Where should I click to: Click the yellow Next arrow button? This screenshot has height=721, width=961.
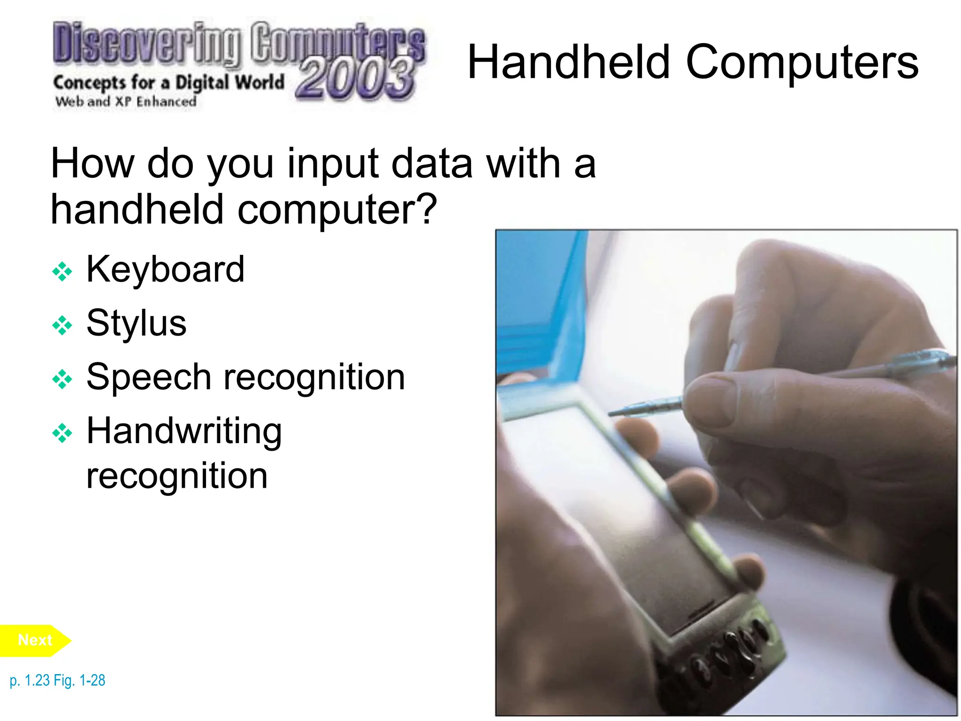click(x=35, y=640)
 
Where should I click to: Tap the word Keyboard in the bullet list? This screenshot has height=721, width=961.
click(x=165, y=269)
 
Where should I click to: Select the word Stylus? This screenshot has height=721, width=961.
click(x=136, y=323)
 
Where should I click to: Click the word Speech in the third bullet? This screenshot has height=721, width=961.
click(x=149, y=377)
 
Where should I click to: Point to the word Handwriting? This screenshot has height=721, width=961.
click(x=184, y=431)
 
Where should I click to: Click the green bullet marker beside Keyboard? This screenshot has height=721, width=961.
click(x=62, y=271)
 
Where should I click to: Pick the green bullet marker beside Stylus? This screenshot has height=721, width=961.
click(x=62, y=325)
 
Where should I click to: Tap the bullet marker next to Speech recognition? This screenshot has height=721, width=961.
click(x=62, y=379)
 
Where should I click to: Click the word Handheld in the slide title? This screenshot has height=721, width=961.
click(x=569, y=62)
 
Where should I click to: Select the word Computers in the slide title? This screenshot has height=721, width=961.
click(x=801, y=62)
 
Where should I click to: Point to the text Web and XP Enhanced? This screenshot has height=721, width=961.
click(x=125, y=101)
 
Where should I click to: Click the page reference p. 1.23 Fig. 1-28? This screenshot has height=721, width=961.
click(x=57, y=680)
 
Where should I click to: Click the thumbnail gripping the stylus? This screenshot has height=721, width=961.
click(x=709, y=399)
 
